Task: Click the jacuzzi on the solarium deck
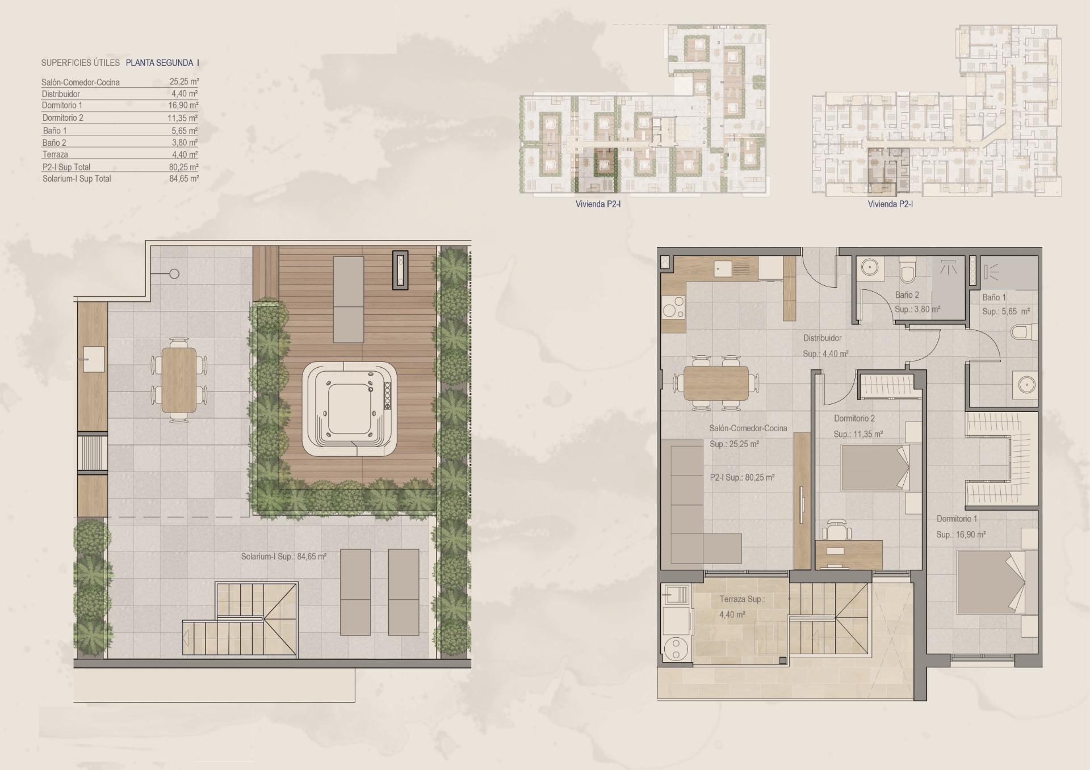349,409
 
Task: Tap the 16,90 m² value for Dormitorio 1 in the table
184,106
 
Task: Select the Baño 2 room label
907,295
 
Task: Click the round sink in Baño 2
869,267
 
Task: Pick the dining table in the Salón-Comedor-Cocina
716,383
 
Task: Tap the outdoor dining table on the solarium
179,380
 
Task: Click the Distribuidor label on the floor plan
822,338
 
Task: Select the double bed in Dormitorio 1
991,582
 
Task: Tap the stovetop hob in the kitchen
673,309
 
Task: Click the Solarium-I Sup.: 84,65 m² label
283,557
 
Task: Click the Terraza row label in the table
55,154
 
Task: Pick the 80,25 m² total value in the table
184,167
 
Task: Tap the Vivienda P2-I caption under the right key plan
890,204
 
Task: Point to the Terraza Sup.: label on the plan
742,599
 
